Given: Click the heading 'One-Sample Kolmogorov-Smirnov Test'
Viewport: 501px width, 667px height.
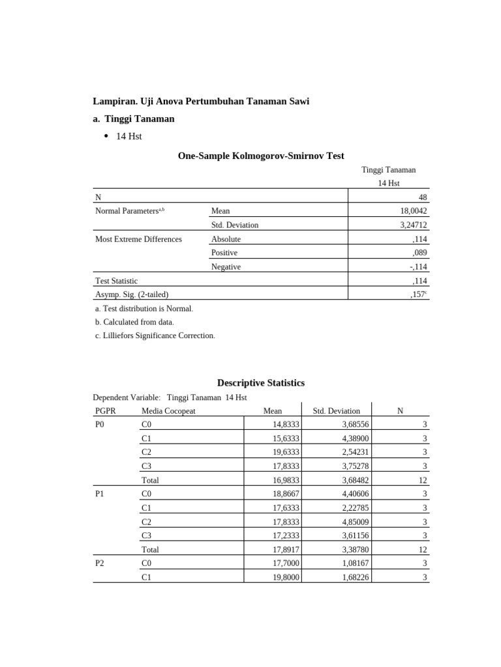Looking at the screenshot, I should pos(261,156).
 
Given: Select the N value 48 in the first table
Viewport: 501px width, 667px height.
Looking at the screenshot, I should pos(422,197).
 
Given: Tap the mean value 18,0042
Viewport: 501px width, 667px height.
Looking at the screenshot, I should pos(414,211).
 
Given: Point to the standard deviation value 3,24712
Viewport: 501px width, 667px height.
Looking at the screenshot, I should pos(414,225).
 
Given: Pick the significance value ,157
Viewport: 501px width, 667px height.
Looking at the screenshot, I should pos(419,294).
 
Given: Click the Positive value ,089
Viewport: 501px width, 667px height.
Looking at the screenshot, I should pos(419,253).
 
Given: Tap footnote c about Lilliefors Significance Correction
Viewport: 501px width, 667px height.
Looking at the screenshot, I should pos(155,335).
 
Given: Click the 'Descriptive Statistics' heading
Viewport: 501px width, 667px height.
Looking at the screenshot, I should pos(260,383).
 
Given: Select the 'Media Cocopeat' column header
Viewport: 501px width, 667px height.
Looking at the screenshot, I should pos(168,411).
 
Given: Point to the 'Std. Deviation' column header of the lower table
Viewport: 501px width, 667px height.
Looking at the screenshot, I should pos(336,411).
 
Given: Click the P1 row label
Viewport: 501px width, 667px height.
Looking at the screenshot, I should pos(100,494).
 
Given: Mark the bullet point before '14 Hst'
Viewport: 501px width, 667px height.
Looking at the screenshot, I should pos(106,136).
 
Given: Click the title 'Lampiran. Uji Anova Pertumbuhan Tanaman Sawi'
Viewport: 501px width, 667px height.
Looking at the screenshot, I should pos(202,101).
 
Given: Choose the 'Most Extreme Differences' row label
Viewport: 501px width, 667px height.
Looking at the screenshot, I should pos(138,239).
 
